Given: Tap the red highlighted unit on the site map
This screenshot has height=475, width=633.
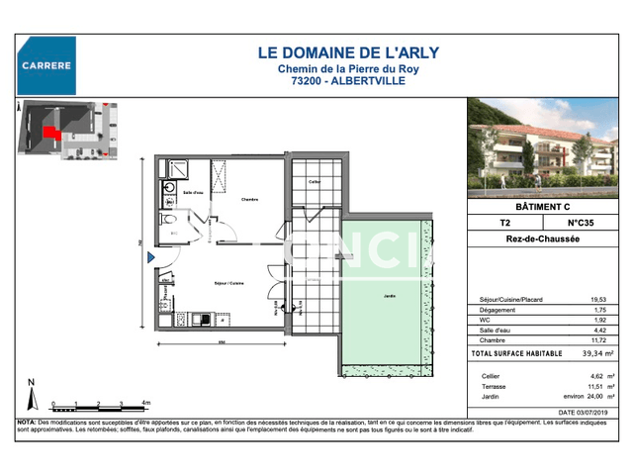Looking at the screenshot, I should [x=49, y=132].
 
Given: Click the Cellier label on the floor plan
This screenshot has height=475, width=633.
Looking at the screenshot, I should [x=315, y=182].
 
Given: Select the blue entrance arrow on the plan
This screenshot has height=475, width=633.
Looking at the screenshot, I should [x=151, y=258].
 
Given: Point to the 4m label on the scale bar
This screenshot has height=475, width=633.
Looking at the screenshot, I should [x=145, y=403].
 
